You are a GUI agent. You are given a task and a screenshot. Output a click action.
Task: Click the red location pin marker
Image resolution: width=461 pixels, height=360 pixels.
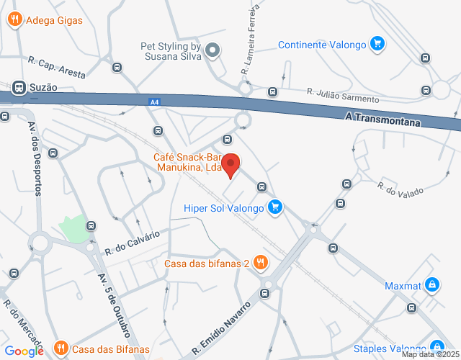pyautogui.click(x=230, y=164)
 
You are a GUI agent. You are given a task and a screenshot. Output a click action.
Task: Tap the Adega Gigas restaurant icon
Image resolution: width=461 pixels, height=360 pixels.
pyautogui.click(x=14, y=20)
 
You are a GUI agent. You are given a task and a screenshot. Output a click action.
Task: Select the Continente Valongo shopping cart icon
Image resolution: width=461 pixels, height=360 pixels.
pyautogui.click(x=376, y=45)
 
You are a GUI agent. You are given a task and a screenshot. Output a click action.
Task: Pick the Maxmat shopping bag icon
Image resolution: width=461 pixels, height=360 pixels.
pyautogui.click(x=431, y=284)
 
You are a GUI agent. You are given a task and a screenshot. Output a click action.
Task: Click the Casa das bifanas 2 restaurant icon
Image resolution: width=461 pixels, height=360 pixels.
pyautogui.click(x=261, y=264)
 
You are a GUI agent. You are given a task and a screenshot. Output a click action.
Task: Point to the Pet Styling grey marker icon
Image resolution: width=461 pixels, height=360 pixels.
pyautogui.click(x=212, y=50)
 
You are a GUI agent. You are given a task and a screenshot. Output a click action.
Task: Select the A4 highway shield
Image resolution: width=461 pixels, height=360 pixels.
pyautogui.click(x=154, y=102)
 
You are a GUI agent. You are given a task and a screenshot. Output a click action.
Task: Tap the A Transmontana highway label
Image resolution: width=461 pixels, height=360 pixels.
pyautogui.click(x=382, y=118)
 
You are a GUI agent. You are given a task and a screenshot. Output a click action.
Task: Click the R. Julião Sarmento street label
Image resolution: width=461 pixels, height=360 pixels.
pyautogui.click(x=342, y=95)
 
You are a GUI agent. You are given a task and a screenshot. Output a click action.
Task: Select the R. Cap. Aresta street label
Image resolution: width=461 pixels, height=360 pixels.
pyautogui.click(x=57, y=68)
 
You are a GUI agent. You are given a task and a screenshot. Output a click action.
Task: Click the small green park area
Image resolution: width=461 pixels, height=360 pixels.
pyautogui.click(x=72, y=229)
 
